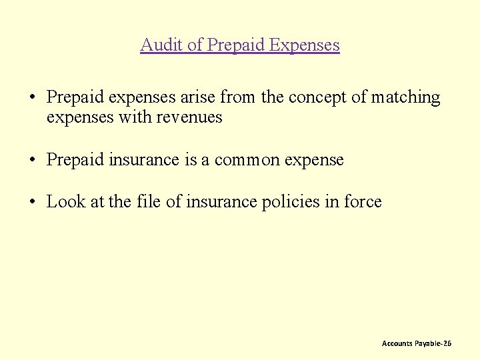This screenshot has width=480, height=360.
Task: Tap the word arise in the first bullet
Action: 199,97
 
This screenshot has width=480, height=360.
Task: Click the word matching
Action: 405,97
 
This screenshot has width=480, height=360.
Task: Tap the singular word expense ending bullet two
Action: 313,160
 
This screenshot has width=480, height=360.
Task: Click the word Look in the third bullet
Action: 66,201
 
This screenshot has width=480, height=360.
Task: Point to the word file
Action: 148,201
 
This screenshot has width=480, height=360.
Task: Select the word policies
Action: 286,201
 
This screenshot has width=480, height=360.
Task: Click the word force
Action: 363,201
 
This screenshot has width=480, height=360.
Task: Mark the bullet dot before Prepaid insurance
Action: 33,161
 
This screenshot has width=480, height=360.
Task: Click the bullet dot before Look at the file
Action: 33,202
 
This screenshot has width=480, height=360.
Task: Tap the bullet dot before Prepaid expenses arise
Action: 33,98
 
